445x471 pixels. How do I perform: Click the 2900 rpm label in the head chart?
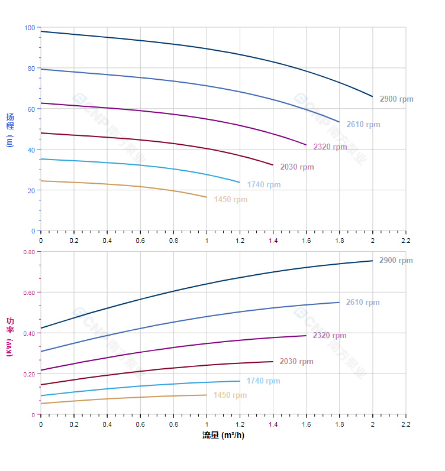(x=396, y=99)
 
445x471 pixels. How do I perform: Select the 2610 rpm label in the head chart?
(x=363, y=125)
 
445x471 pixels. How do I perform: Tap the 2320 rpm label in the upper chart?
(x=330, y=147)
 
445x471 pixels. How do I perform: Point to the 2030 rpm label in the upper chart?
(x=297, y=167)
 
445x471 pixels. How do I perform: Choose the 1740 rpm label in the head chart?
(x=264, y=185)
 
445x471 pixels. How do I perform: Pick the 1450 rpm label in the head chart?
(x=231, y=200)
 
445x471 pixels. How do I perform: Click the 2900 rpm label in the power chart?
(x=396, y=261)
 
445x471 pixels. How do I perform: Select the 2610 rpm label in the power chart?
(x=363, y=303)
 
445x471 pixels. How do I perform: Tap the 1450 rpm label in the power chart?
(x=230, y=395)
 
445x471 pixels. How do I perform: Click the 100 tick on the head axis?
(x=30, y=28)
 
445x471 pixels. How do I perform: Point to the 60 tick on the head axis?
(x=31, y=109)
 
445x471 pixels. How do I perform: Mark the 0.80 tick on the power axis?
(x=29, y=252)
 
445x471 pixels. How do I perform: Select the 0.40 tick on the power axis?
(x=29, y=333)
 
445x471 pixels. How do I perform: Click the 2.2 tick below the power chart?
(x=406, y=424)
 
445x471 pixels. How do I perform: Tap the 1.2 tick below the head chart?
(x=240, y=241)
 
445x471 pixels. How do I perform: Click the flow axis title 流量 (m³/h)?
(x=223, y=436)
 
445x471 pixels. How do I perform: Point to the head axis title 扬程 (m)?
(x=9, y=129)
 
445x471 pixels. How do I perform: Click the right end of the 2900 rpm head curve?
(x=372, y=96)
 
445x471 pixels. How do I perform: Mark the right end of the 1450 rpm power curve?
(x=207, y=395)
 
